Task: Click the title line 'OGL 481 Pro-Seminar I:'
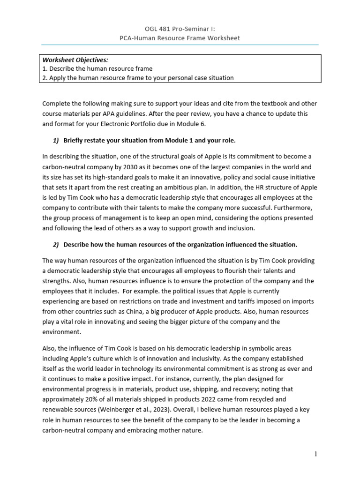point(180,29)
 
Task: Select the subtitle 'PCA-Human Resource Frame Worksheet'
point(180,38)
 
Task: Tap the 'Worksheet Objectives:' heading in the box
point(75,60)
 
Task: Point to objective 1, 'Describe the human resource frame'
point(97,69)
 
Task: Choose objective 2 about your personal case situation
point(138,78)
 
